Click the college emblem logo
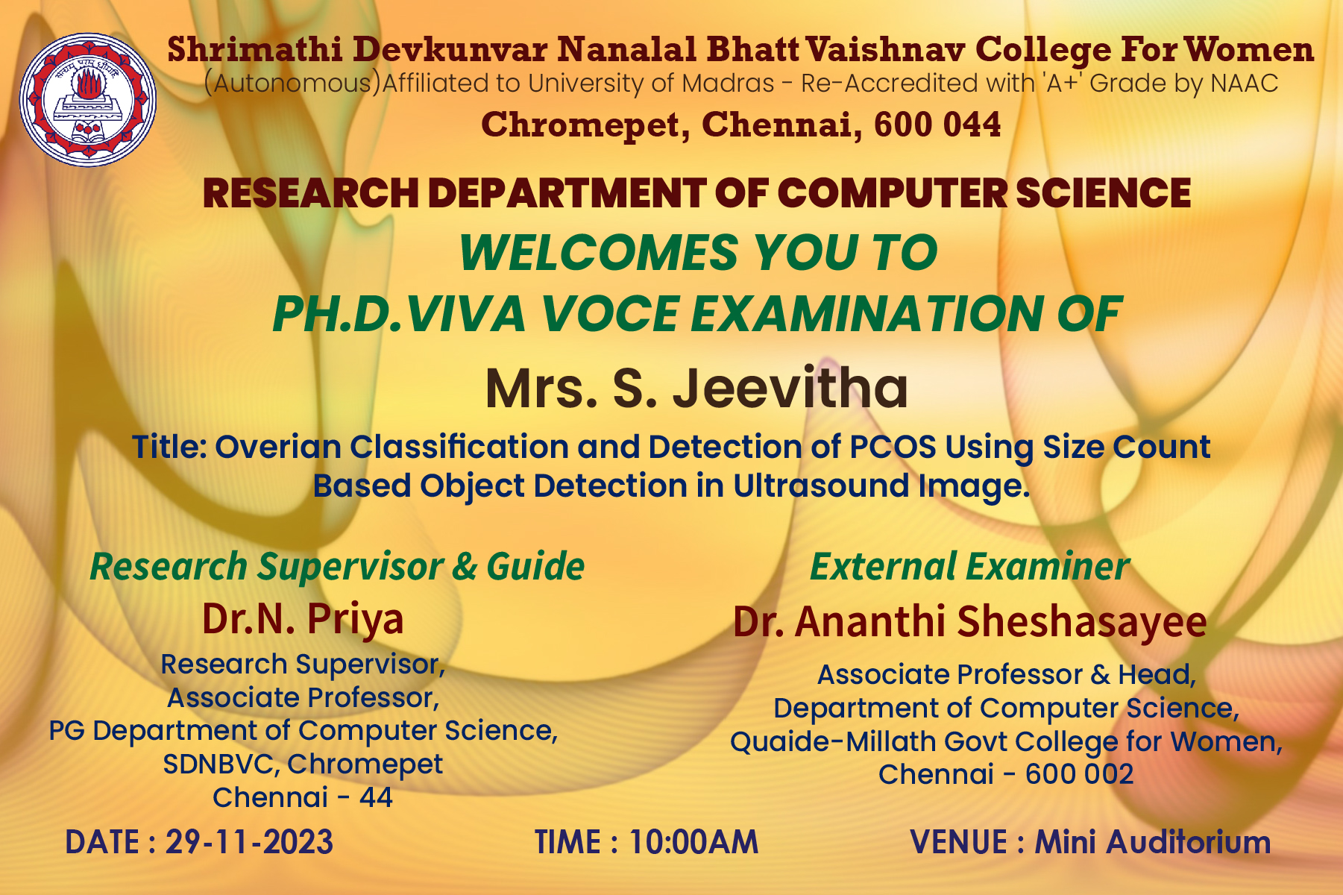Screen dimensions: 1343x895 coord(88,100)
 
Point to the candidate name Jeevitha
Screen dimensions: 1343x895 coord(790,389)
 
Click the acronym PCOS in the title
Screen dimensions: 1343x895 coord(893,447)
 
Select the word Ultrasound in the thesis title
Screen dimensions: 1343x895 coord(821,486)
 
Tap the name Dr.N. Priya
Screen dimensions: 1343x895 coord(303,618)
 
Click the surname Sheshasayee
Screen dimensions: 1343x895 coord(1081,621)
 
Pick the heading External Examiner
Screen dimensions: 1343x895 coord(969,566)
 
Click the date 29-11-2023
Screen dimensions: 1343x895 coord(249,842)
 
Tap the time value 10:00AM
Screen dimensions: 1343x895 coord(693,842)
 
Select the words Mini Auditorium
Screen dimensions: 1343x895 coord(1152,842)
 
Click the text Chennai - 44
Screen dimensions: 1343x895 coord(303,797)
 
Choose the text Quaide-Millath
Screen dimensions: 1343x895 coord(833,741)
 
